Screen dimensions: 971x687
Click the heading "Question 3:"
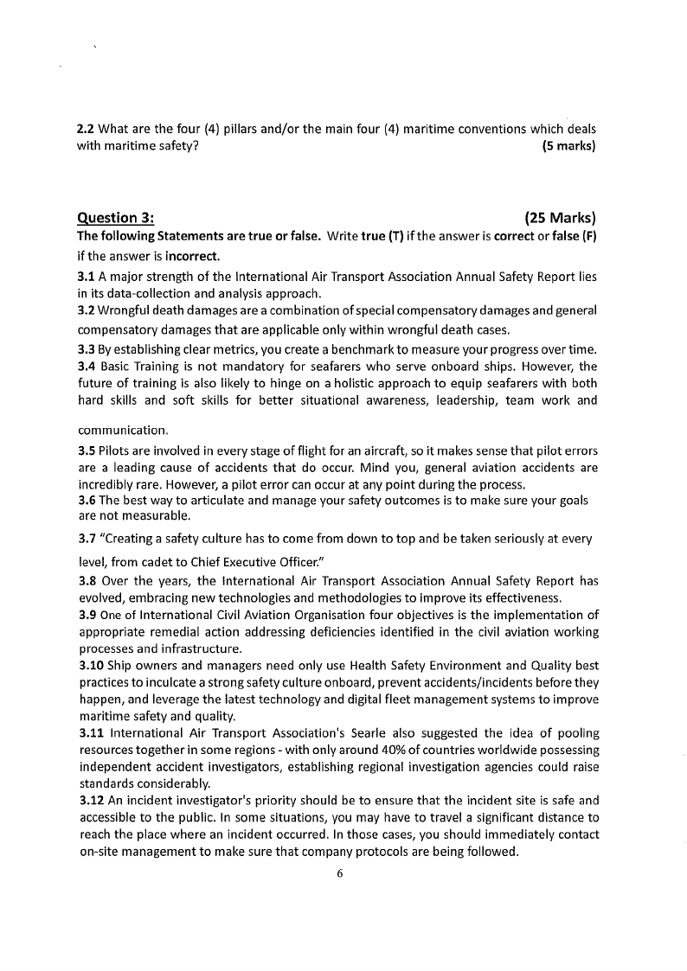pyautogui.click(x=116, y=218)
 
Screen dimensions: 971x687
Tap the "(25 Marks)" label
pyautogui.click(x=560, y=218)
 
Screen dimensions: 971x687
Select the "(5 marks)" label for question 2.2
pyautogui.click(x=568, y=146)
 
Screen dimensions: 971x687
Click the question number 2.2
pyautogui.click(x=87, y=129)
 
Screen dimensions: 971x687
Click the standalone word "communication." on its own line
pyautogui.click(x=123, y=430)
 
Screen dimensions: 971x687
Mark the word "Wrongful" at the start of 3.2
pyautogui.click(x=127, y=310)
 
